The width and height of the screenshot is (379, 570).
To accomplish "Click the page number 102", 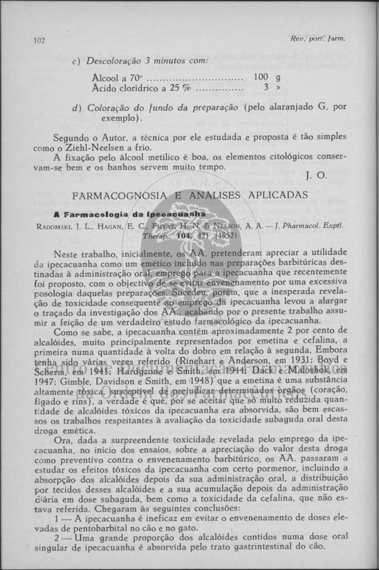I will [x=38, y=40].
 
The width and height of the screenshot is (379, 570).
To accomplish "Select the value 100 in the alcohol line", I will [x=260, y=78].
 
